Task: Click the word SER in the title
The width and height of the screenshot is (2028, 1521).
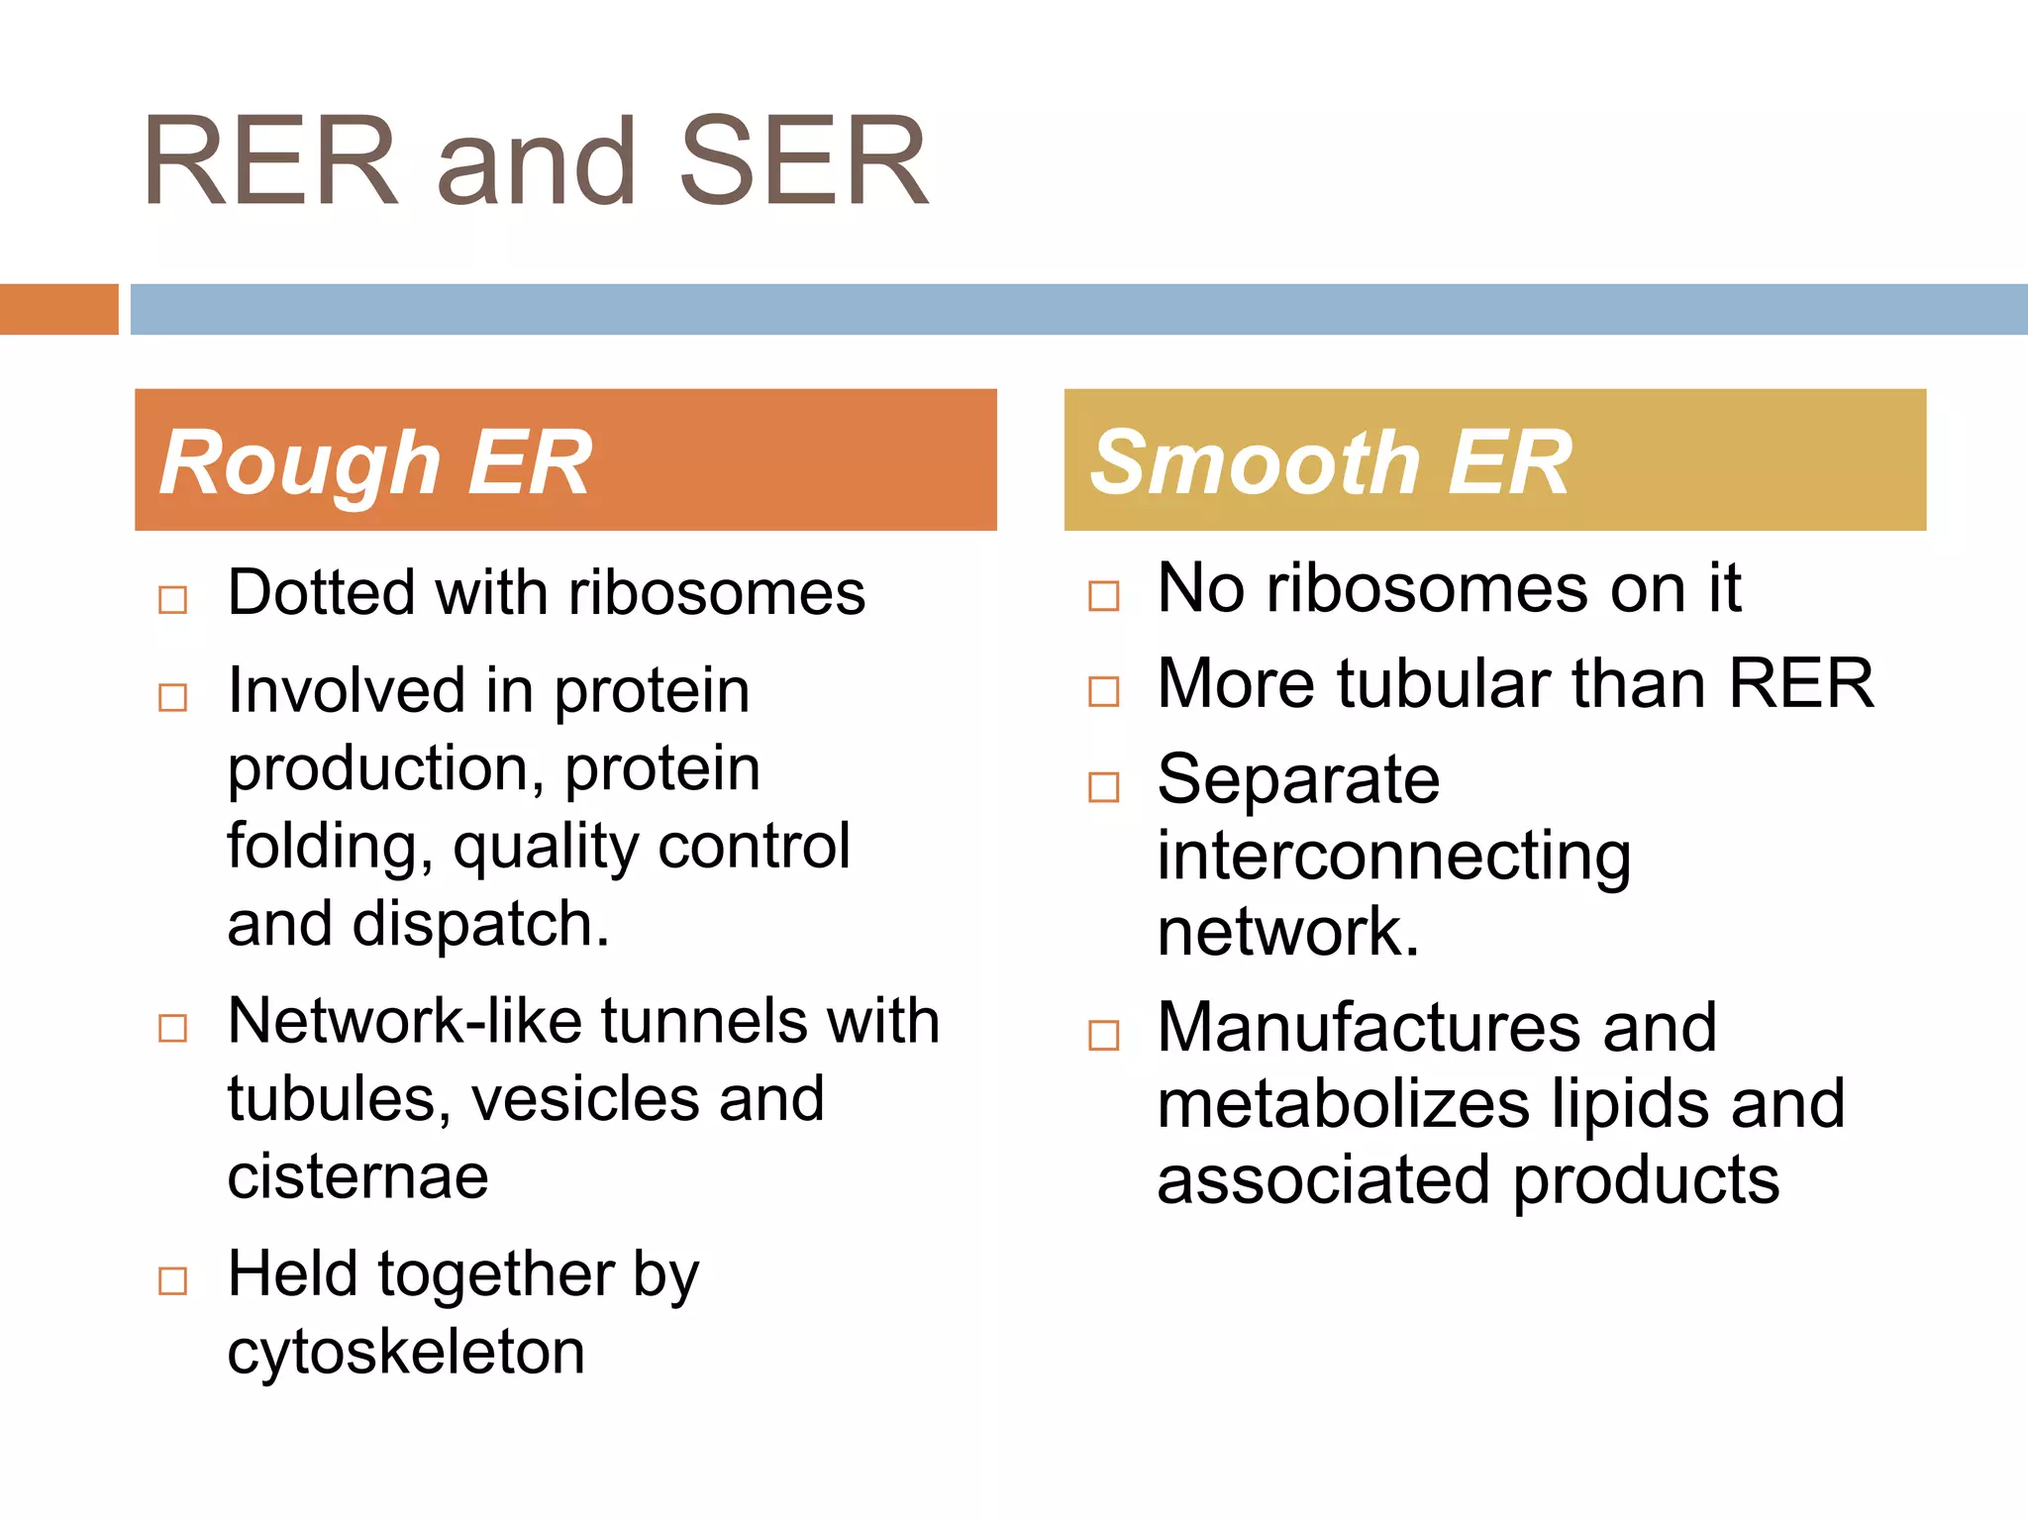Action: click(x=803, y=161)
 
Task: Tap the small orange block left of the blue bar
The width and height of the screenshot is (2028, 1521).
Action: click(x=58, y=309)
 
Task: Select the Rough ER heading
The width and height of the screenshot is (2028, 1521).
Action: click(x=376, y=462)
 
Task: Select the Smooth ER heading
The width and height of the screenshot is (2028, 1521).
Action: click(x=1331, y=462)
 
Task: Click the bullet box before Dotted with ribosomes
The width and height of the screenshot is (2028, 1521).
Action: click(x=173, y=600)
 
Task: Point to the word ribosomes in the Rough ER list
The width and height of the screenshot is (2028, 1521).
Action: click(x=717, y=594)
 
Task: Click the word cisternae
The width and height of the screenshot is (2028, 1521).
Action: click(x=358, y=1176)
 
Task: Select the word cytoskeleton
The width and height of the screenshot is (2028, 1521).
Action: click(x=406, y=1353)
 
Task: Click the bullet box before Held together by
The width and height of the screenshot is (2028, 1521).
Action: click(x=173, y=1280)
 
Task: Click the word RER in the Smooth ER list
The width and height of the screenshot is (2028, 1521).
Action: click(x=1801, y=683)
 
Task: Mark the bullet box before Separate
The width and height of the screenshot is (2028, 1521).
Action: click(x=1104, y=787)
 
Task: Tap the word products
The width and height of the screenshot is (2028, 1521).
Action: click(x=1646, y=1180)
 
